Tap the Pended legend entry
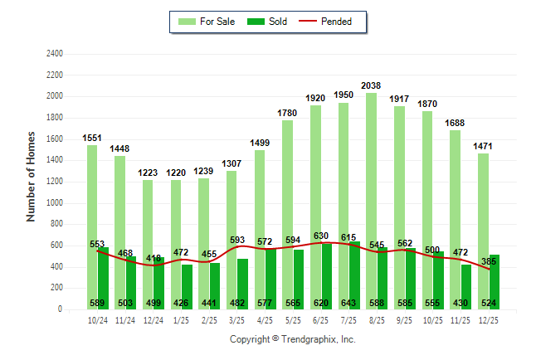pos(331,22)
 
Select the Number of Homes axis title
pos(32,176)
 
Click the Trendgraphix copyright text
pos(292,339)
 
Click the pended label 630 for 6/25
pos(320,236)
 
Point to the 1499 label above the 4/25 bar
pos(261,142)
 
